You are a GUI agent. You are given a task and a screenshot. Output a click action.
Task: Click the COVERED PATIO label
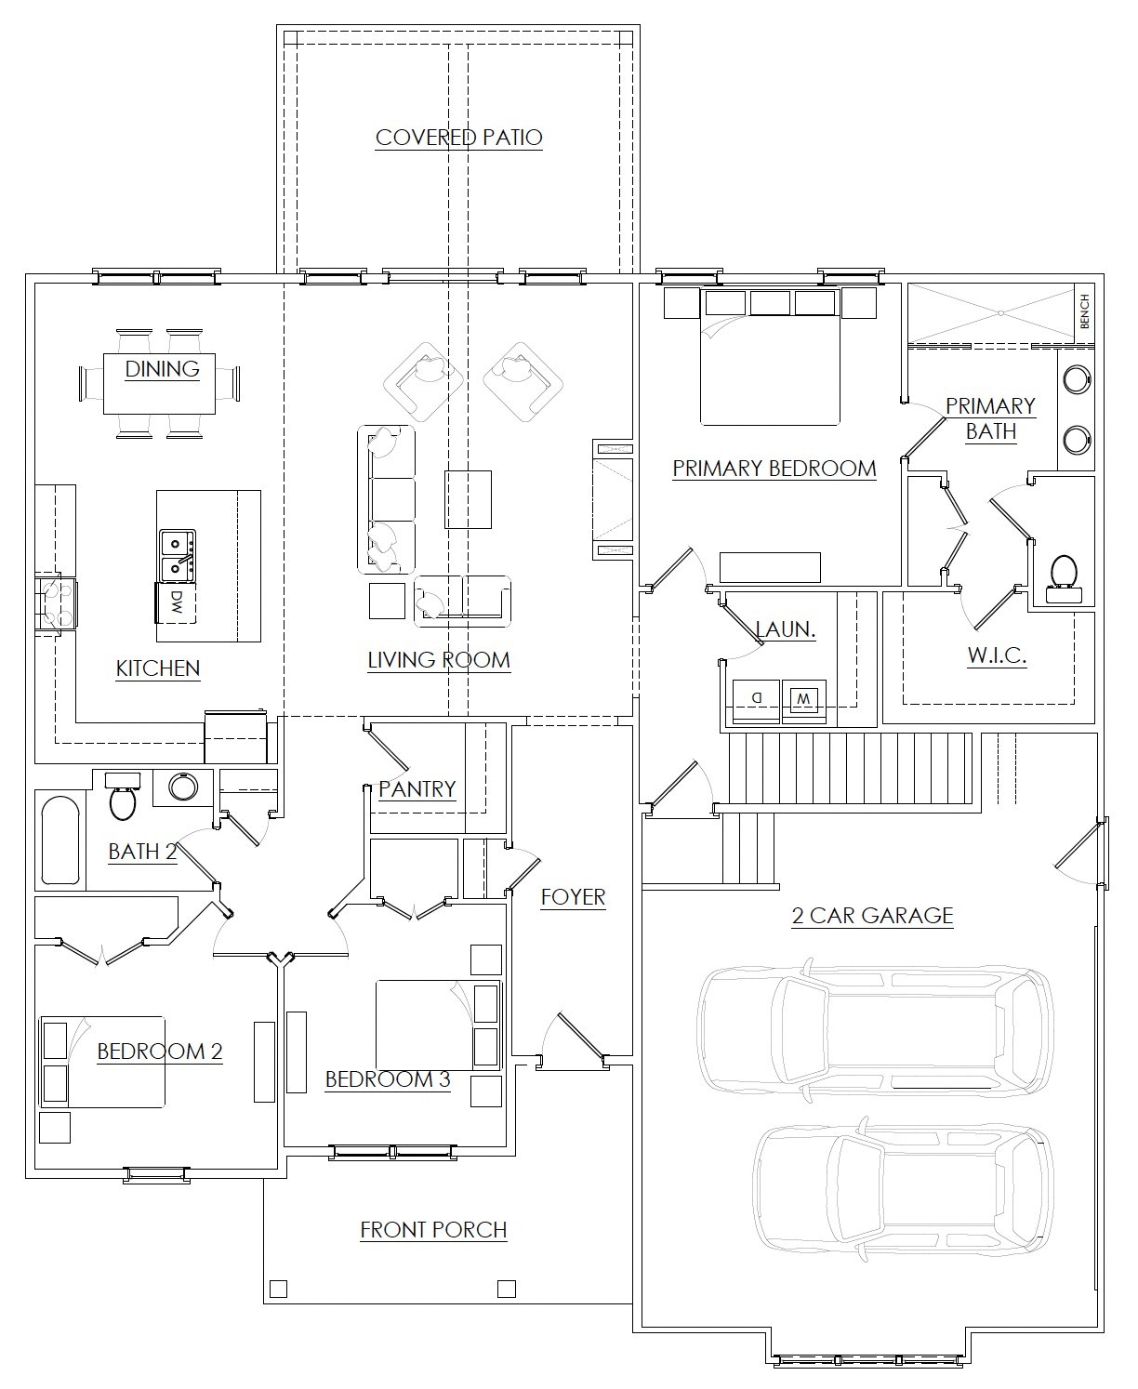(x=458, y=138)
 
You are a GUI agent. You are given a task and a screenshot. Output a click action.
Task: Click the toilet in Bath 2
(x=123, y=797)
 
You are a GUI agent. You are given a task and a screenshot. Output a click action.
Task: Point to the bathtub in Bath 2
(x=60, y=840)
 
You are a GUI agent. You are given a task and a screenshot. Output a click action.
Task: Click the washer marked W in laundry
(x=804, y=698)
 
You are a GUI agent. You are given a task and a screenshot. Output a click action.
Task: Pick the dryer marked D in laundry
(x=756, y=697)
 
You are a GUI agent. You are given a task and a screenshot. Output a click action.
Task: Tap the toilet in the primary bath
(x=1063, y=577)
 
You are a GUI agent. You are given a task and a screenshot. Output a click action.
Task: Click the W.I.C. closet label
(x=997, y=655)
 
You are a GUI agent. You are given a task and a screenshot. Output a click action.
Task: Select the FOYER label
(x=573, y=897)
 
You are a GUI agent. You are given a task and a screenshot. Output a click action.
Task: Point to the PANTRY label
(x=417, y=789)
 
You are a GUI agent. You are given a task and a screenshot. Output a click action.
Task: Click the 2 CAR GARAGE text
(x=872, y=916)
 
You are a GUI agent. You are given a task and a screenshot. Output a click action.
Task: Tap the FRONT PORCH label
(x=433, y=1230)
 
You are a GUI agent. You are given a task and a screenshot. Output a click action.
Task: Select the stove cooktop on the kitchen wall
(x=54, y=602)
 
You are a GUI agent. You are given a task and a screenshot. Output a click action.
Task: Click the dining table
(x=160, y=382)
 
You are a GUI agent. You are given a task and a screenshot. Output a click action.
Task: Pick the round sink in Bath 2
(x=182, y=787)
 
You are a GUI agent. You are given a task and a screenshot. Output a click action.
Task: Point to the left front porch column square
(x=277, y=1289)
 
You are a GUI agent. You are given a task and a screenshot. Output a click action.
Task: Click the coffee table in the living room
(x=468, y=499)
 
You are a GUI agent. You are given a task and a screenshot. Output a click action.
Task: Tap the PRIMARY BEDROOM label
(x=774, y=469)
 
